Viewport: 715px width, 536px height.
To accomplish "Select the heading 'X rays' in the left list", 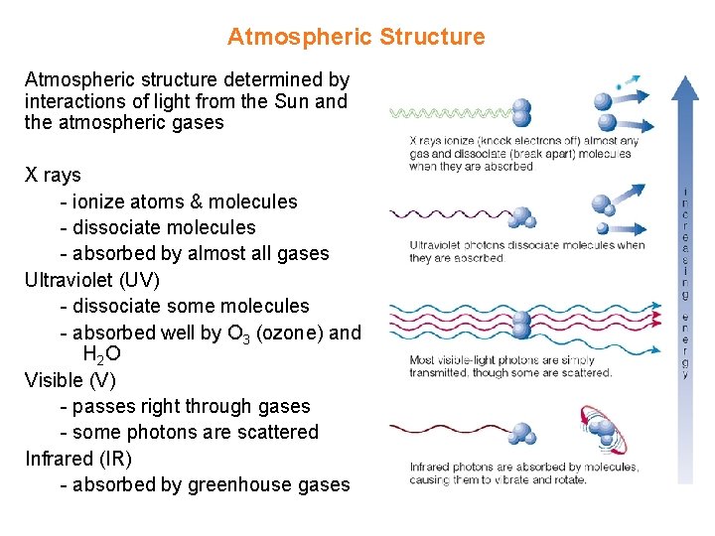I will (53, 176).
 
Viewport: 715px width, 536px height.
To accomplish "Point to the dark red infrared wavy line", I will (447, 429).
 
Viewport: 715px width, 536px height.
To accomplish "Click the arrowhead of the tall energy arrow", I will (685, 87).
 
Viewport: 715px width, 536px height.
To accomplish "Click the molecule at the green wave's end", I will (521, 112).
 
